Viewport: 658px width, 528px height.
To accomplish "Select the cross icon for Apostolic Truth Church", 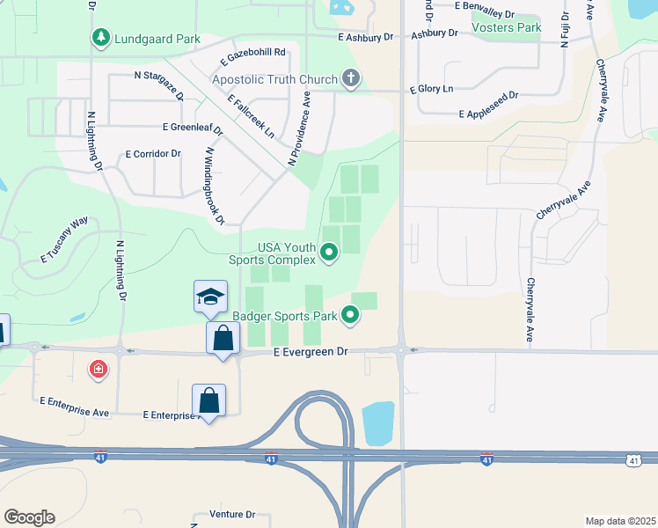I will (351, 79).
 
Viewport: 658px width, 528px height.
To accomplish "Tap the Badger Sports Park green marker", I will (350, 314).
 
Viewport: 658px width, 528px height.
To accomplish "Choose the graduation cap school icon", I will (211, 297).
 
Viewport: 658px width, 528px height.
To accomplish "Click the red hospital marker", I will (98, 369).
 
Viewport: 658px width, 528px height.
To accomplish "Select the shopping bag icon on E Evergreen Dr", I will (223, 339).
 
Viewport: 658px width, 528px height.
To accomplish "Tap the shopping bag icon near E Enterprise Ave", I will (209, 400).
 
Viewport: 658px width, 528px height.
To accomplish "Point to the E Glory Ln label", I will (431, 90).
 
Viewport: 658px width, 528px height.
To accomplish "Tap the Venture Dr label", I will (232, 514).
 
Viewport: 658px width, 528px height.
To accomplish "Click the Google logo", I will (29, 517).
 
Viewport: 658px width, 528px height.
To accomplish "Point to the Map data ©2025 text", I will (620, 520).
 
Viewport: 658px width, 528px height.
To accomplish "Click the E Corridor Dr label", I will (153, 153).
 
